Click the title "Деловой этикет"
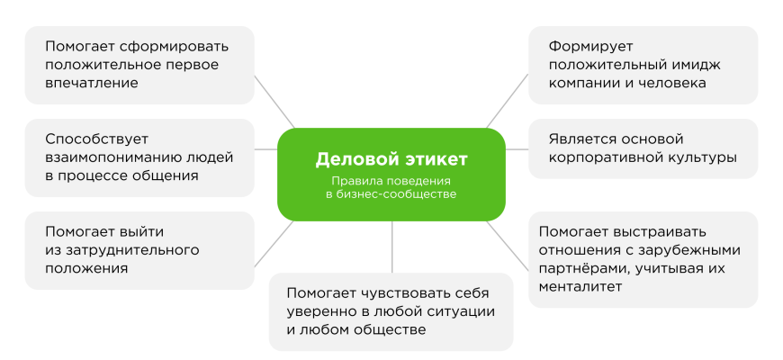coord(391,159)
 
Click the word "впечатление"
coord(92,83)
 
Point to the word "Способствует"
coord(97,139)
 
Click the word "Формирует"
coord(590,47)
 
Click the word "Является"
coord(580,139)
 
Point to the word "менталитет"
coord(580,286)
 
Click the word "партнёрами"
coord(580,268)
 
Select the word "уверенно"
coord(322,311)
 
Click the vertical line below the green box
coord(392,247)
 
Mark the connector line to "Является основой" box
coord(517,149)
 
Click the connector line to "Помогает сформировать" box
coord(274,102)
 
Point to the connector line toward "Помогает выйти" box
coord(274,244)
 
